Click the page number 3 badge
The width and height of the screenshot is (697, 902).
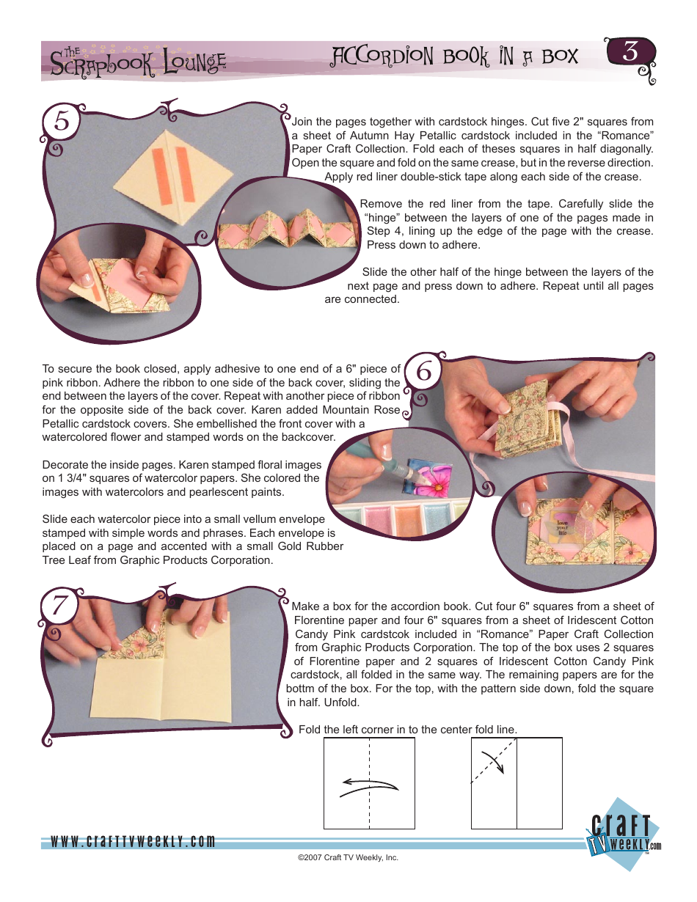629,53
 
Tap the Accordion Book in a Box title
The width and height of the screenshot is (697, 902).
455,56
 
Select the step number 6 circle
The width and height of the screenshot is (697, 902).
423,373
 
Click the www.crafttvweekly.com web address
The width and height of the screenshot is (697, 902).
133,841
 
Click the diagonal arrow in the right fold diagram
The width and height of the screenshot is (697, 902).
492,762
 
